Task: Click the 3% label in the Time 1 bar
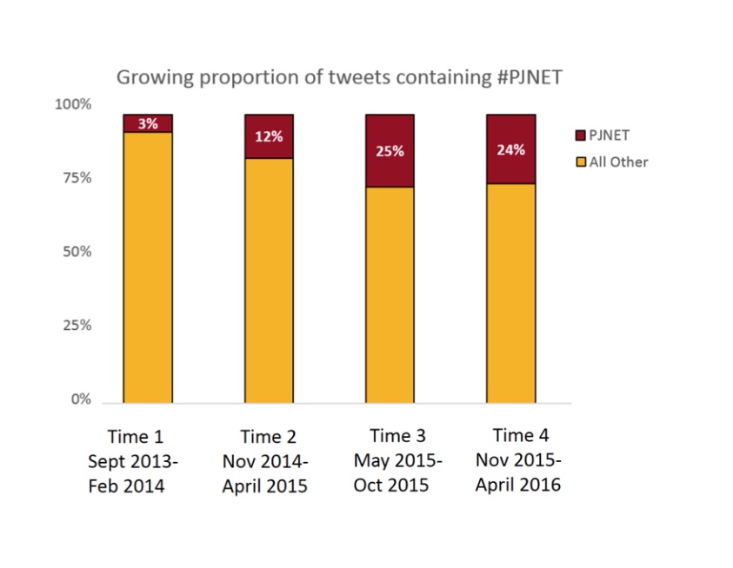click(148, 124)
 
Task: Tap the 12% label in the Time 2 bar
click(269, 136)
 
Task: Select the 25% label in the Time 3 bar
click(390, 151)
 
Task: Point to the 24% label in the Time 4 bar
click(511, 150)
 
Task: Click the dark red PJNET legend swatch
click(580, 135)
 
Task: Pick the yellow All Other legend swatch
click(581, 162)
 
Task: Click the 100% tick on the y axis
click(73, 104)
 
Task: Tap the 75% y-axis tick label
click(77, 178)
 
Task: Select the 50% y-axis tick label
click(77, 252)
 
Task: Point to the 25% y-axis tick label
click(77, 325)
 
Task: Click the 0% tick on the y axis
click(81, 399)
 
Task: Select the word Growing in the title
click(155, 78)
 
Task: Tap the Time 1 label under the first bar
click(136, 437)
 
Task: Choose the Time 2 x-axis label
click(269, 437)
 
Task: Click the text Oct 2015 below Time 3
click(390, 485)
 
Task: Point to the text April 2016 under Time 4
click(518, 485)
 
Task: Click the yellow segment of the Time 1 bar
click(148, 267)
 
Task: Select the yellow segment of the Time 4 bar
click(511, 294)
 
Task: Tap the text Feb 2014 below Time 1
click(126, 486)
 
